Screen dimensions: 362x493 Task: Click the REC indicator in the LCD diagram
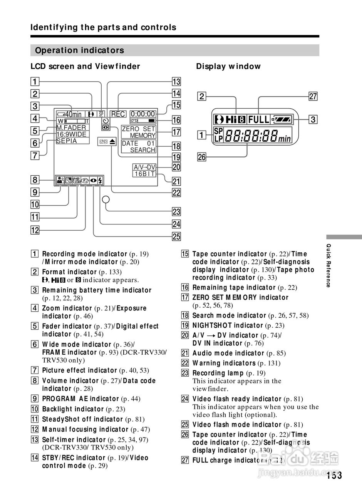tap(118, 114)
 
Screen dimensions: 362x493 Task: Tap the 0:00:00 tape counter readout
tap(142, 114)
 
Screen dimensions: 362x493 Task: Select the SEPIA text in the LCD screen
tap(67, 141)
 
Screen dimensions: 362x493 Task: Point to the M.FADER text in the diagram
tap(71, 127)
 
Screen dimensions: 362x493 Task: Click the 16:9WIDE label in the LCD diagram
tap(71, 134)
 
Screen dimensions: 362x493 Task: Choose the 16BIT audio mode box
tap(144, 174)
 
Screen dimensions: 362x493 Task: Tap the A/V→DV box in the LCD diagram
tap(144, 167)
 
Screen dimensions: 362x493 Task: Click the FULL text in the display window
tap(258, 119)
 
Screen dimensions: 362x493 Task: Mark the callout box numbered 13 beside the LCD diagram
tap(176, 82)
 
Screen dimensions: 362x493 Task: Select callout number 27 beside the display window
tap(313, 96)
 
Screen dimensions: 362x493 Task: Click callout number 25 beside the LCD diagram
tap(176, 236)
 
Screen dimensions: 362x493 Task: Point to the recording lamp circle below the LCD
tap(106, 200)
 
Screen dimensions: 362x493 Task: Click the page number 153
tap(334, 475)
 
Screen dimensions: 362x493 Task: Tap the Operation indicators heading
tap(79, 50)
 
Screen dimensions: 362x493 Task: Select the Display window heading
tap(228, 66)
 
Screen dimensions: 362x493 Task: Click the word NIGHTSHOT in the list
tap(212, 325)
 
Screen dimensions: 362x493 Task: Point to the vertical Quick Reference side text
tap(328, 266)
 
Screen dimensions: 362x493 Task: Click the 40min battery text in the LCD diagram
tap(73, 114)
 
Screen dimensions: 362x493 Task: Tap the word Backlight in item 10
tap(57, 409)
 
